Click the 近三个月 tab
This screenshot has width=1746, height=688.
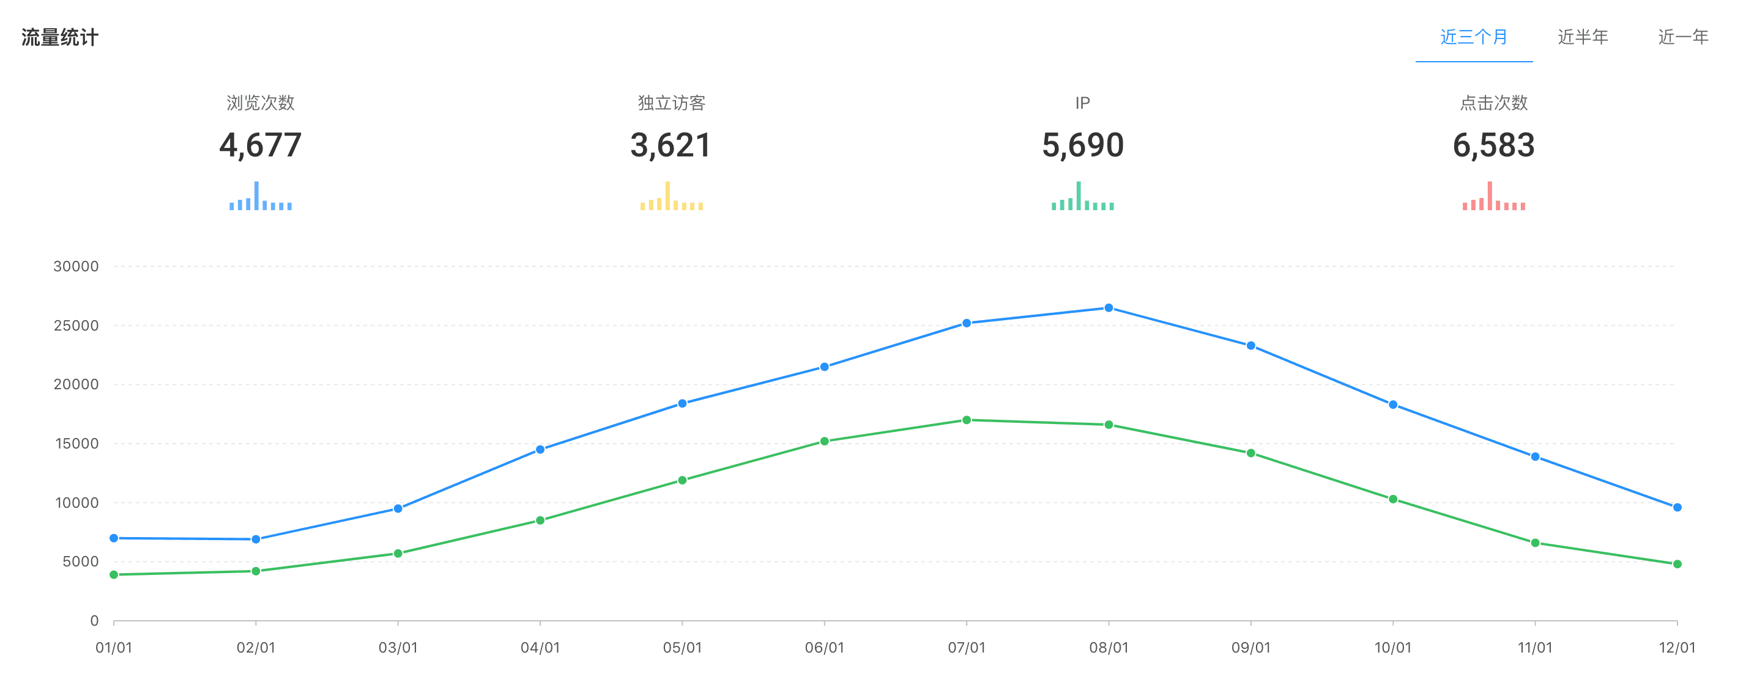click(1474, 37)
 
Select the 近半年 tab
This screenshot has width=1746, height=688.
click(1583, 37)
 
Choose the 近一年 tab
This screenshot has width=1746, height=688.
click(1683, 37)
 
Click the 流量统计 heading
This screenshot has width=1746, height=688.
click(59, 37)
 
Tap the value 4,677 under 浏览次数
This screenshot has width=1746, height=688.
click(260, 145)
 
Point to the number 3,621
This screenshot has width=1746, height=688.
click(671, 145)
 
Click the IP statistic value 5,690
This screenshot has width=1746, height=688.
click(1082, 145)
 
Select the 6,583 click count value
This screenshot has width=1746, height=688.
click(1493, 145)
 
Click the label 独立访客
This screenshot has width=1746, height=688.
click(671, 103)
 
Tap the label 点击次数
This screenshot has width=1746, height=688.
click(1493, 103)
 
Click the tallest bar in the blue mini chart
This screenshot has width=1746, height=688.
click(256, 196)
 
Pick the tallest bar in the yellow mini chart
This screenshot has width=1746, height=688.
click(667, 196)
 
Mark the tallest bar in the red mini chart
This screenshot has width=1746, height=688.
click(1490, 196)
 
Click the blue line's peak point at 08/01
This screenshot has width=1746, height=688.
click(1109, 308)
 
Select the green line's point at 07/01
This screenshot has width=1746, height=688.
click(967, 420)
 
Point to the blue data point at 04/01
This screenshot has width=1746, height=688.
click(540, 450)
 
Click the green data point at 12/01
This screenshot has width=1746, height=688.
click(1677, 564)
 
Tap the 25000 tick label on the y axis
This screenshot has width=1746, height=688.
click(76, 326)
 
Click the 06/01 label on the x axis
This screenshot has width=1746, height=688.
click(824, 648)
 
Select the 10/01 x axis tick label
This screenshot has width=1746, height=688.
click(1393, 648)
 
